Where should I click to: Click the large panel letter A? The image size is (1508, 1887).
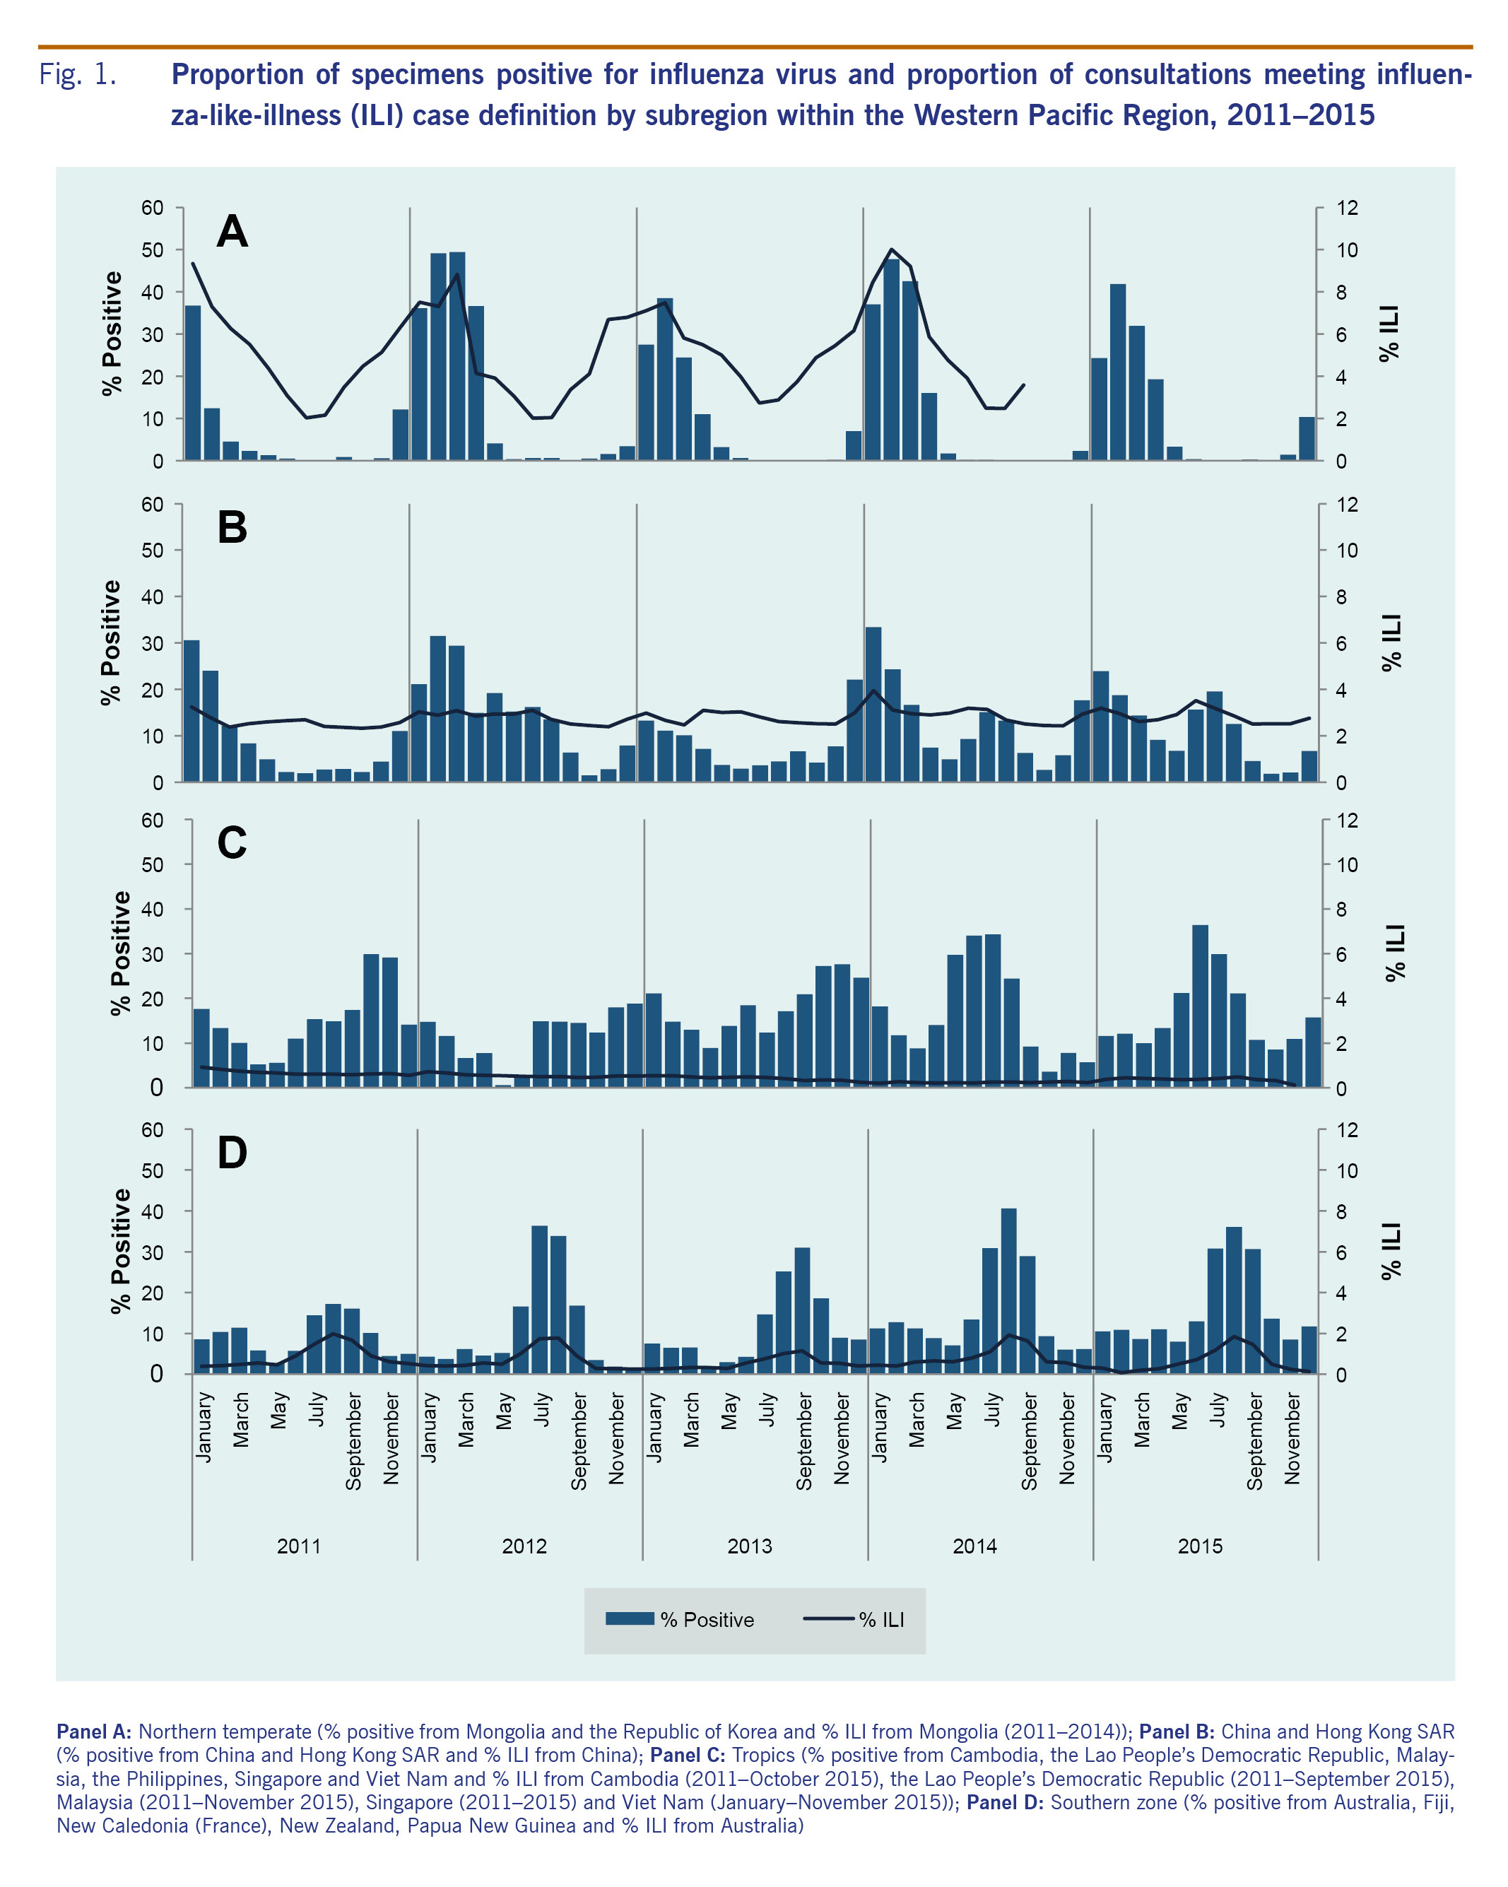pos(232,232)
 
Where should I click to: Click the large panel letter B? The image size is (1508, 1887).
pos(232,528)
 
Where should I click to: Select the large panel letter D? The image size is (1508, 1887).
pos(232,1153)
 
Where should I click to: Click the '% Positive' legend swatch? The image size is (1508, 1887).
pos(630,1618)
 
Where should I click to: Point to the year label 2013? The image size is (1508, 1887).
pos(749,1546)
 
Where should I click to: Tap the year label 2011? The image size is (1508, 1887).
pos(298,1546)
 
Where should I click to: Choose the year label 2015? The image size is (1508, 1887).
pos(1199,1546)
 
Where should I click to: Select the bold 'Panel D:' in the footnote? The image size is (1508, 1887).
pos(1005,1802)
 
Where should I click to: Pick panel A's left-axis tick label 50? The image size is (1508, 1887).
pos(153,250)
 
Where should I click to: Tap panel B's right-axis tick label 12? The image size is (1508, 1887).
pos(1347,505)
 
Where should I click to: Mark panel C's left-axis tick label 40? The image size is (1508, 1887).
pos(153,910)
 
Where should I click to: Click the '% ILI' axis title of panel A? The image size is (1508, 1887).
pos(1389,334)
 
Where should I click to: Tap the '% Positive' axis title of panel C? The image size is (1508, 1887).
pos(120,953)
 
